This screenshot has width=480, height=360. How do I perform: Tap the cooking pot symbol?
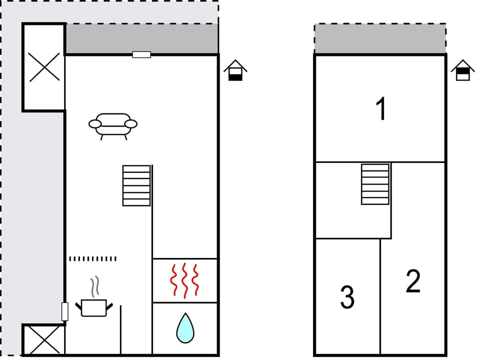pyautogui.click(x=94, y=307)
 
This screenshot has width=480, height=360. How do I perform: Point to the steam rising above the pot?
pyautogui.click(x=94, y=287)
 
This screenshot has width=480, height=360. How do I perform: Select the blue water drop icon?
pyautogui.click(x=185, y=328)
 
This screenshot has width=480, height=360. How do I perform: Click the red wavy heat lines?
pyautogui.click(x=185, y=280)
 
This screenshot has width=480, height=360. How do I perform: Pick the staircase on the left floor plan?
pyautogui.click(x=136, y=185)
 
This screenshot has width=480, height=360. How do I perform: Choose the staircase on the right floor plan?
pyautogui.click(x=375, y=184)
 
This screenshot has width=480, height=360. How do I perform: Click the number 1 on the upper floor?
pyautogui.click(x=381, y=109)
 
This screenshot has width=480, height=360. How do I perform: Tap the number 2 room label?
pyautogui.click(x=413, y=281)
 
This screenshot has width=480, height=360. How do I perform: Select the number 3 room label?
pyautogui.click(x=347, y=297)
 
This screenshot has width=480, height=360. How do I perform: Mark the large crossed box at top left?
pyautogui.click(x=44, y=67)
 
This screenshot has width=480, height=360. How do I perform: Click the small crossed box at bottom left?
pyautogui.click(x=44, y=339)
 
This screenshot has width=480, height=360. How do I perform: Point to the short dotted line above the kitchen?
pyautogui.click(x=92, y=258)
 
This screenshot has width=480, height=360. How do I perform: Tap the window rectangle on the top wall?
pyautogui.click(x=141, y=54)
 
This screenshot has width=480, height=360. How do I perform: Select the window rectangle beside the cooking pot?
pyautogui.click(x=64, y=311)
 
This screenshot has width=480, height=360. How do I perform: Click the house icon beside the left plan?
pyautogui.click(x=235, y=70)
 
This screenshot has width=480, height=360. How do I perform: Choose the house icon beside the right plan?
pyautogui.click(x=463, y=70)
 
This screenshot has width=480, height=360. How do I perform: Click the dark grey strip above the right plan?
pyautogui.click(x=380, y=39)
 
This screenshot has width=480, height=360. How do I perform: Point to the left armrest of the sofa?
pyautogui.click(x=95, y=123)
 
